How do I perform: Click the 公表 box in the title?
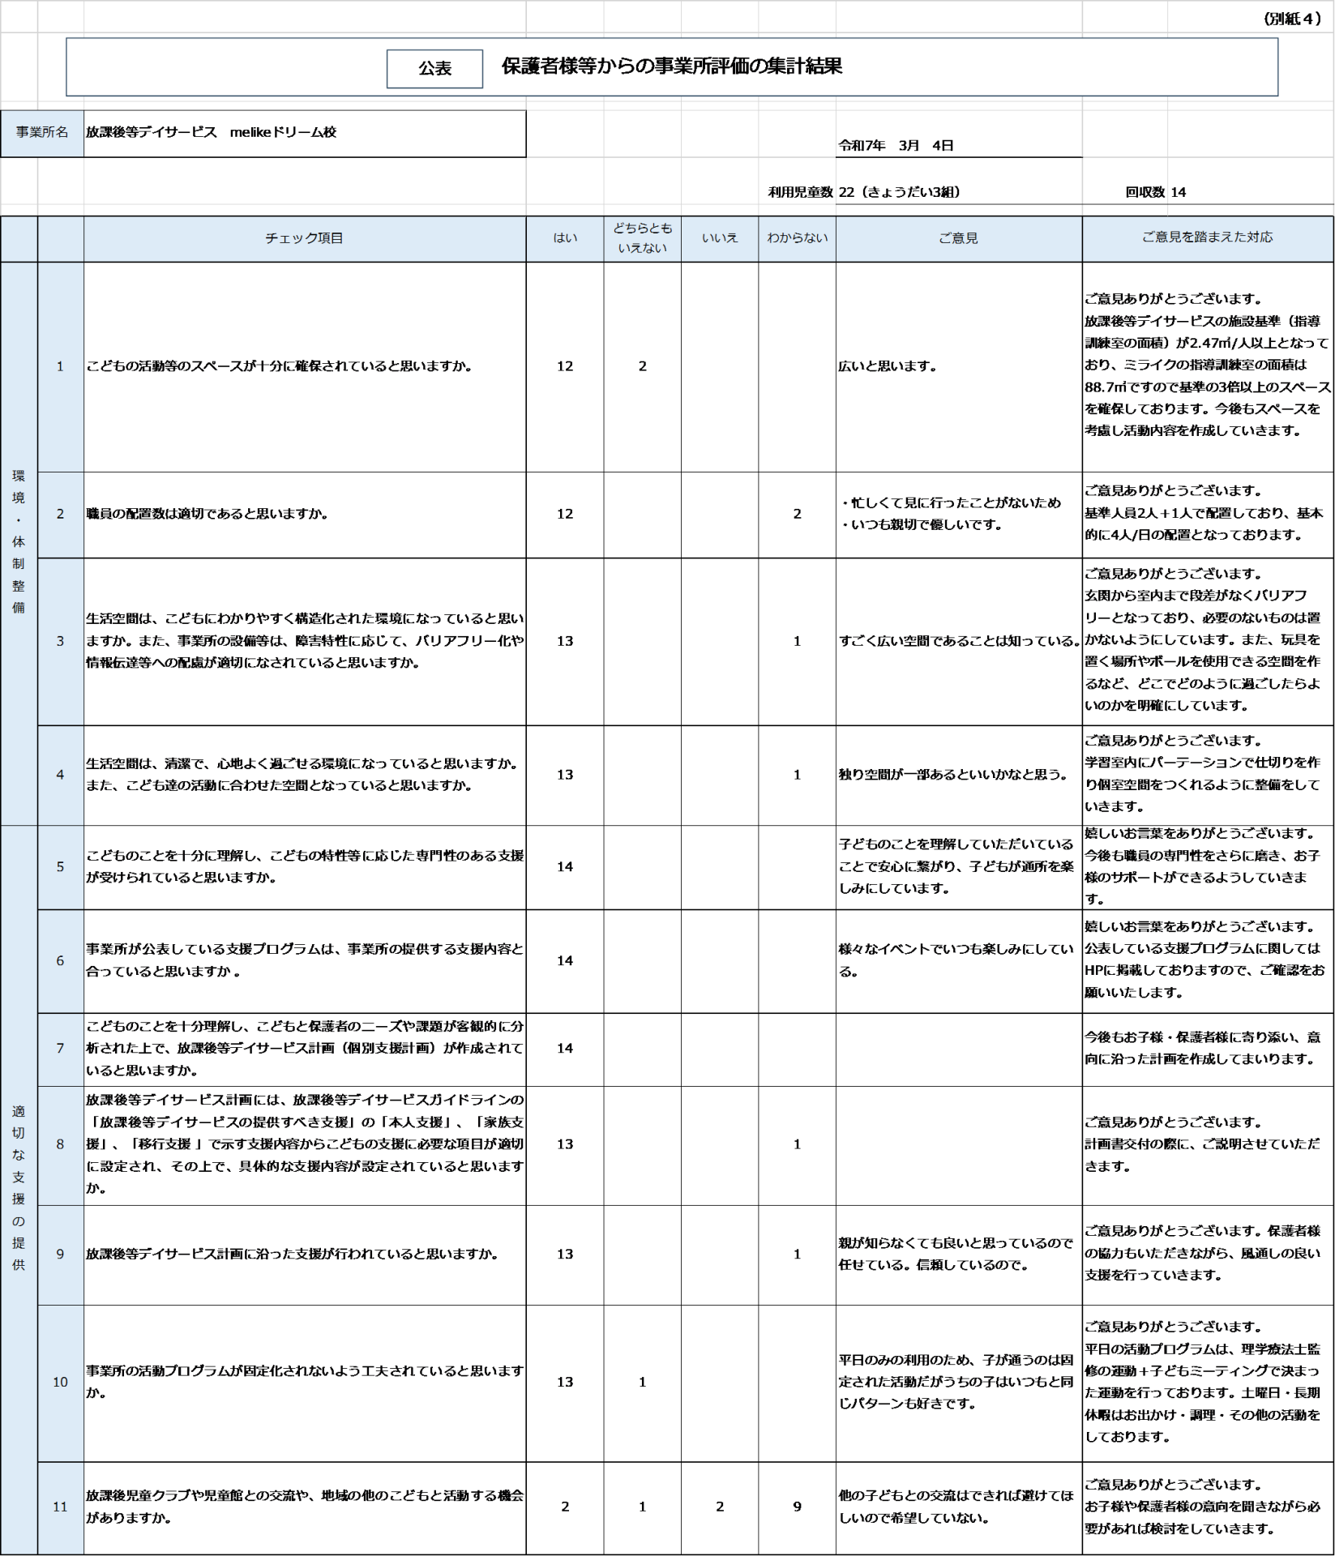pos(434,69)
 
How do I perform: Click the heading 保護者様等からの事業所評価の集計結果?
pos(671,66)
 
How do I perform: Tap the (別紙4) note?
pos(1292,19)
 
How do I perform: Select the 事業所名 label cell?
pos(42,133)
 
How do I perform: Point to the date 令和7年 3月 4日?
pos(896,146)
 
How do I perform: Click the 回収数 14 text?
pos(1155,192)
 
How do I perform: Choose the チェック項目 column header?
pos(304,238)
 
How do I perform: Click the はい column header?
pos(565,238)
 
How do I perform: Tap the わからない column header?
pos(797,238)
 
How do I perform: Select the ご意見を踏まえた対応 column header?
pos(1207,237)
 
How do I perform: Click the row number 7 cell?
pos(60,1049)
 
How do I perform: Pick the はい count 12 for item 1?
pos(565,366)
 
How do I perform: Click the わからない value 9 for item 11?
pos(797,1507)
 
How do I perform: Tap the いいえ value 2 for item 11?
pos(720,1507)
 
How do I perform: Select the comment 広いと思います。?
pos(887,366)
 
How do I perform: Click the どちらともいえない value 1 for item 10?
pos(643,1382)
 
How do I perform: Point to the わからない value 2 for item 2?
pos(797,514)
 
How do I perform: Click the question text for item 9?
pos(292,1254)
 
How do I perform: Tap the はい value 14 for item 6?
pos(565,960)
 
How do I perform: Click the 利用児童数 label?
pos(800,192)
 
